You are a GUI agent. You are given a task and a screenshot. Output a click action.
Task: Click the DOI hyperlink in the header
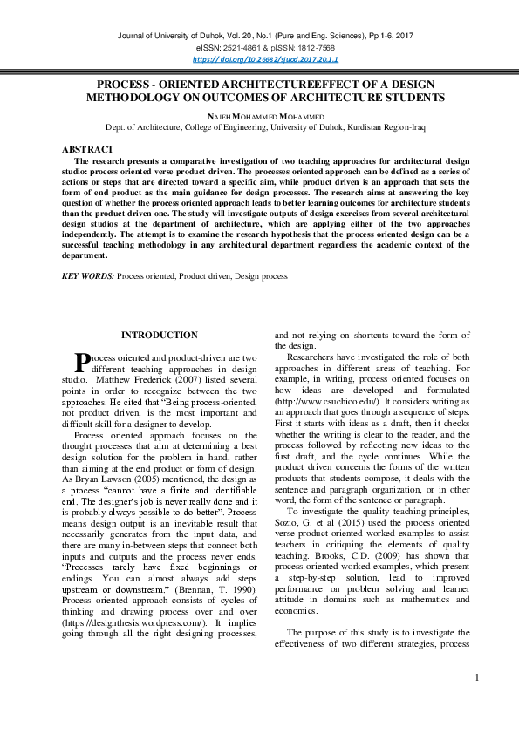[x=264, y=58]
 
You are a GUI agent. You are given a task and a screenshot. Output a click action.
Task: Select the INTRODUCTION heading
[x=159, y=335]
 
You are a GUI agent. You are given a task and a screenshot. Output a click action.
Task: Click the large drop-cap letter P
[x=82, y=361]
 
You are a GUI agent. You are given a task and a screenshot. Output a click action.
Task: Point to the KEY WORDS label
[x=88, y=275]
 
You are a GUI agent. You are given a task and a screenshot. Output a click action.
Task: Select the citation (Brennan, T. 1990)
[x=209, y=540]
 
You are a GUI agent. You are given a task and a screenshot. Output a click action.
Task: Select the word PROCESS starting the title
[x=123, y=85]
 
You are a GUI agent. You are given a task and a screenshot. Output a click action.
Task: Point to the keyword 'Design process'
[x=260, y=275]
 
